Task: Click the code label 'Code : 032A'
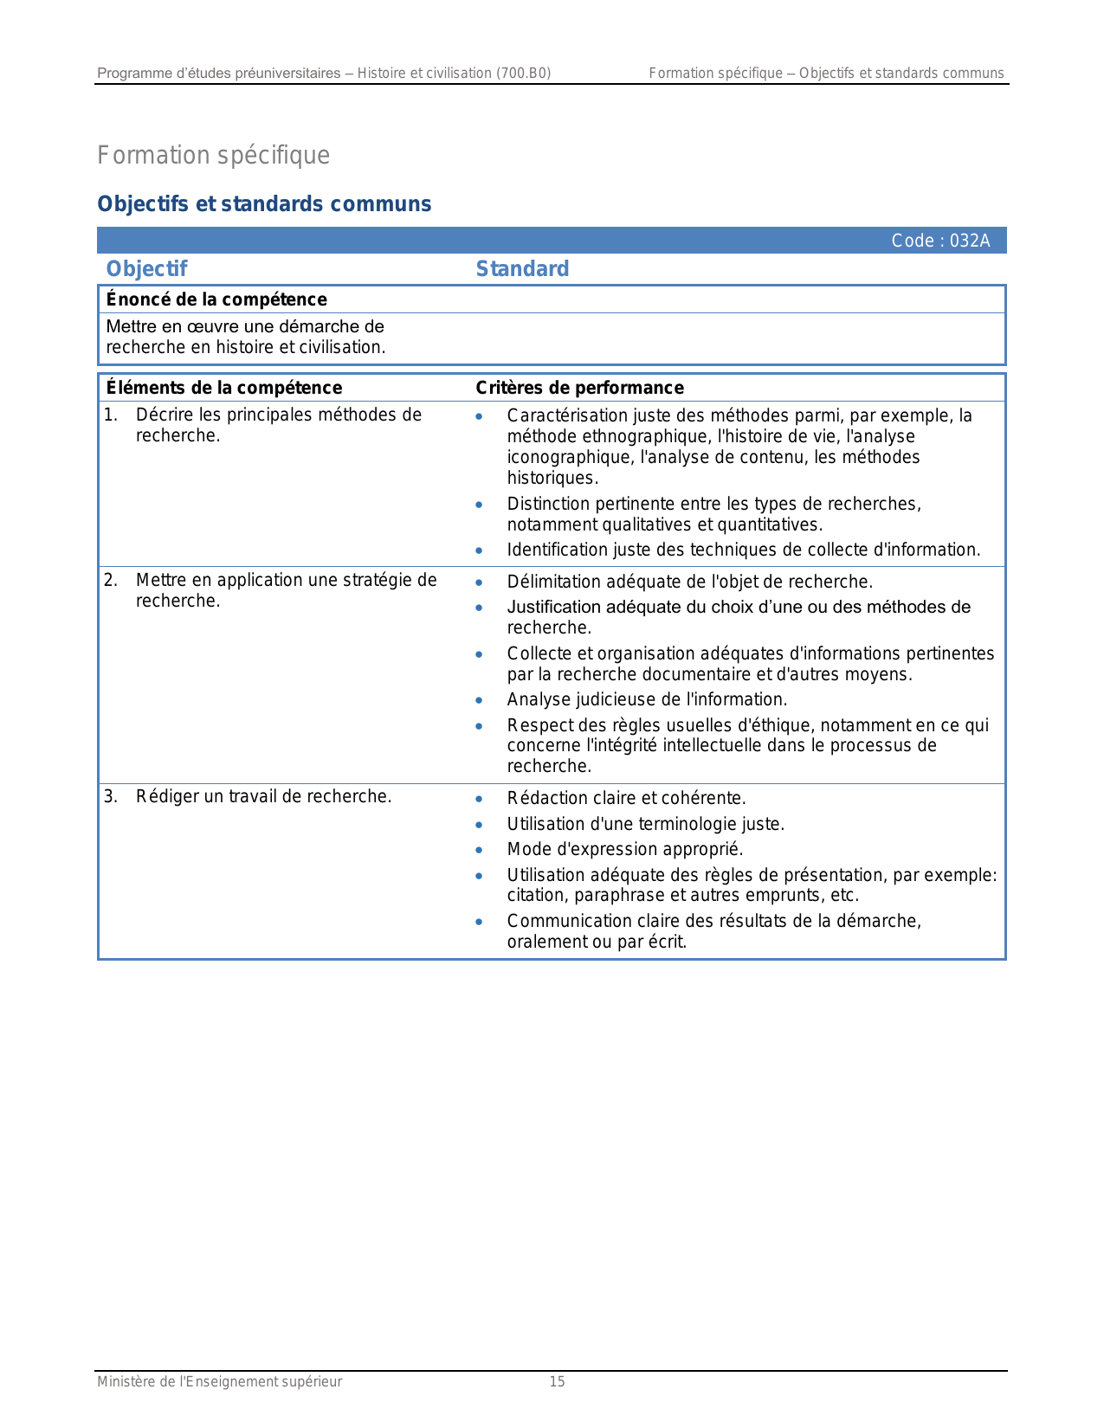(x=940, y=241)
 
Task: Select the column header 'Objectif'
(x=146, y=269)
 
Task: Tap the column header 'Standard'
(x=522, y=269)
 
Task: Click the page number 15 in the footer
(x=557, y=1382)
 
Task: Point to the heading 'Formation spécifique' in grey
(x=213, y=156)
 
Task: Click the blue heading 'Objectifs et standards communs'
(x=264, y=204)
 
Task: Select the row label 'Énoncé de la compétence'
(x=216, y=299)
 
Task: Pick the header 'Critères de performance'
(x=579, y=388)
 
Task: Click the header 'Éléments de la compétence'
(x=224, y=388)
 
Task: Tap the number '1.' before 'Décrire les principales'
(x=111, y=415)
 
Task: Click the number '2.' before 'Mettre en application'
(x=111, y=580)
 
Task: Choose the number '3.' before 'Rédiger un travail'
(x=111, y=796)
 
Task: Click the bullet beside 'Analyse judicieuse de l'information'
(x=479, y=700)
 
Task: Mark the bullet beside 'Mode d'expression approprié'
(x=479, y=850)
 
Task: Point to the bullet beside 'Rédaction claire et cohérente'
(x=479, y=799)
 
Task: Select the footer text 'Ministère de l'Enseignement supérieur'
(x=219, y=1382)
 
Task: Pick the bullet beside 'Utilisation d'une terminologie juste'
(x=479, y=825)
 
